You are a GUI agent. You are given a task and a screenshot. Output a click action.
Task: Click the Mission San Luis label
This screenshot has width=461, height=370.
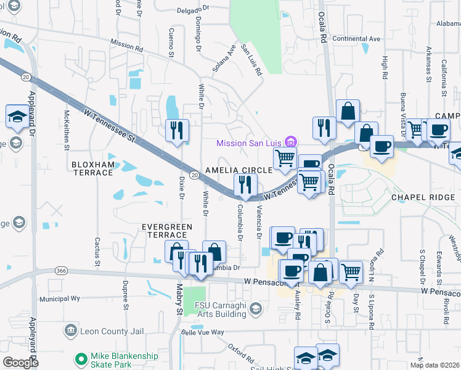(250, 143)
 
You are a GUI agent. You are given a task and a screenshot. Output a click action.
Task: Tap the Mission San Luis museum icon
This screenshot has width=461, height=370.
(291, 142)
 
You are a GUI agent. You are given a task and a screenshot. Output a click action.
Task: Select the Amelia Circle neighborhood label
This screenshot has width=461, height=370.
(239, 170)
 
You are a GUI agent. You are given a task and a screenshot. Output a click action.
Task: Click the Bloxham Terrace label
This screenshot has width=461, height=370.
(92, 168)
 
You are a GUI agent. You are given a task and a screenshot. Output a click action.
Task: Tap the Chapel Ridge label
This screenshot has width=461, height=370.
(423, 197)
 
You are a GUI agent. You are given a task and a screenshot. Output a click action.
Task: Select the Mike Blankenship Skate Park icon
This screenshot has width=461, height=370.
(80, 358)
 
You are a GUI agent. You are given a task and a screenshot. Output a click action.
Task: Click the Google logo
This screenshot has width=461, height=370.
(20, 363)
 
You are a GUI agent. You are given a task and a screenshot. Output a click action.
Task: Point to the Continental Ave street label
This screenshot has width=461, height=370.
(356, 38)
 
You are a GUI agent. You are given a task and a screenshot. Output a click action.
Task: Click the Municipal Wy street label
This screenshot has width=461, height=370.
(60, 298)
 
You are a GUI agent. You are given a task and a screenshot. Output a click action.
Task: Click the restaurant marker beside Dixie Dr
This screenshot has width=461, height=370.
(177, 131)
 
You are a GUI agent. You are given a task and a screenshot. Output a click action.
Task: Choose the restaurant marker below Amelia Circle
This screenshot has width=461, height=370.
(245, 184)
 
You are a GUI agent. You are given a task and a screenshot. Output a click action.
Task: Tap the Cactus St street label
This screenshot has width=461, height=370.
(97, 248)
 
